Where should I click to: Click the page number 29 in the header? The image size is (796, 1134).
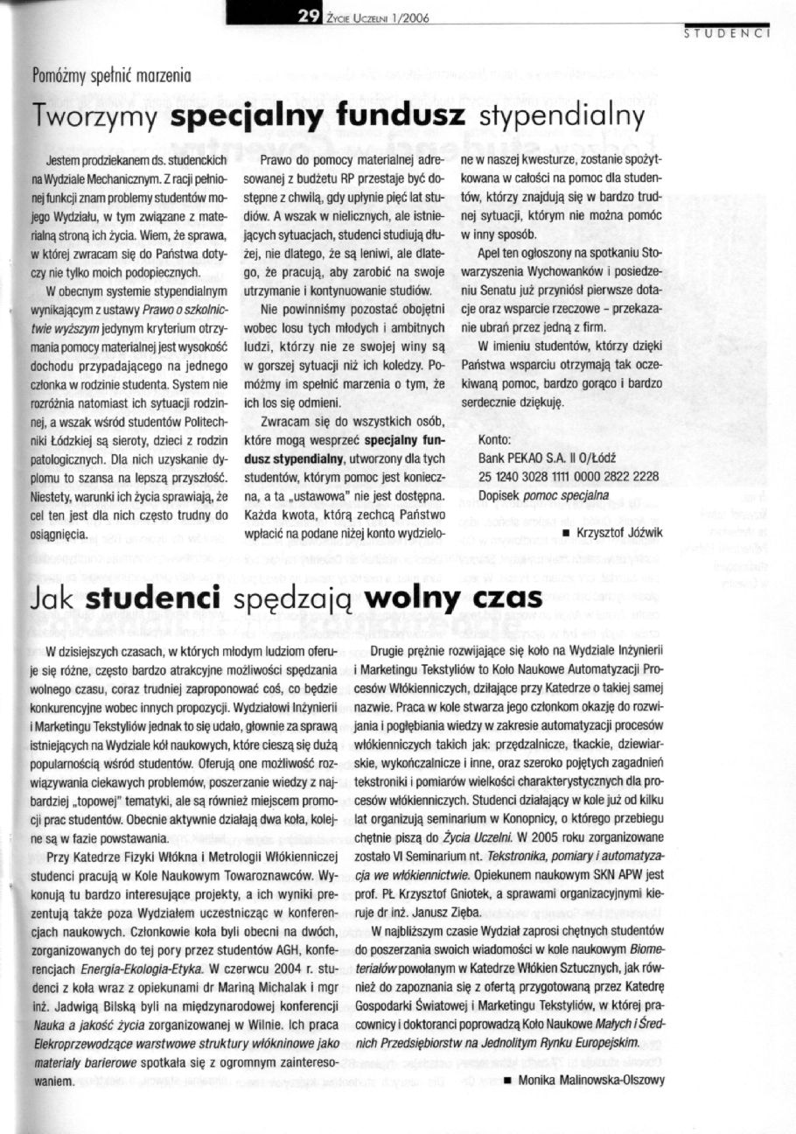308,13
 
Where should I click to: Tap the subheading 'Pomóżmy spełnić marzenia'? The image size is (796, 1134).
111,75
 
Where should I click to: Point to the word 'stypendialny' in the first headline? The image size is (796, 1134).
562,116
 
